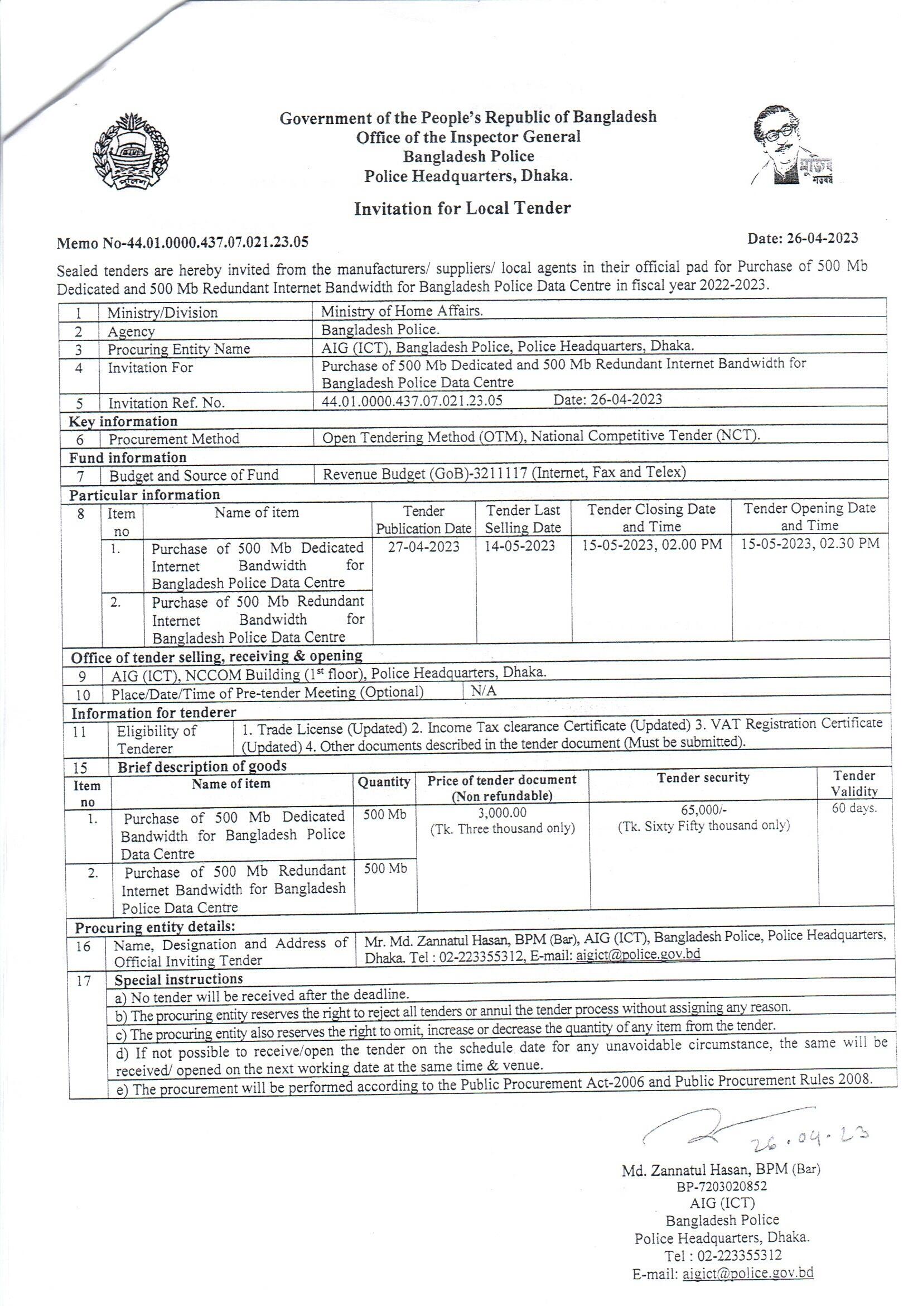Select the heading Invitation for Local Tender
tap(462, 209)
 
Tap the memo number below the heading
tap(182, 242)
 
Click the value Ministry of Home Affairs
tap(402, 311)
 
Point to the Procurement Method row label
tap(174, 439)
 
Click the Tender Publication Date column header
tap(423, 519)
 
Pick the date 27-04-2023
tap(423, 546)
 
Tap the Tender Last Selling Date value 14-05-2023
tap(520, 545)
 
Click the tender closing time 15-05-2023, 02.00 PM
tap(651, 545)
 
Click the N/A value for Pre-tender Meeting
tap(484, 690)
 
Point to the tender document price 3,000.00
tap(502, 813)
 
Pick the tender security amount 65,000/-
tap(703, 809)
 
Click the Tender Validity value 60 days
tap(854, 808)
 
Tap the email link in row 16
tap(638, 954)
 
